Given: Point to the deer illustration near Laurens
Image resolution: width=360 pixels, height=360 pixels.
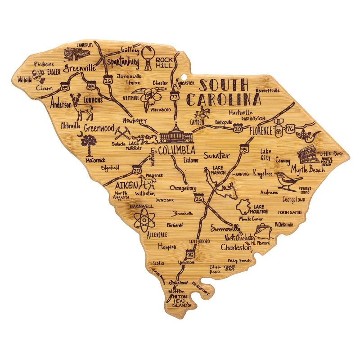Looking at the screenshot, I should (82, 107).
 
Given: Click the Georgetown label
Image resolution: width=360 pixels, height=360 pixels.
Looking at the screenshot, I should (294, 199).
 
